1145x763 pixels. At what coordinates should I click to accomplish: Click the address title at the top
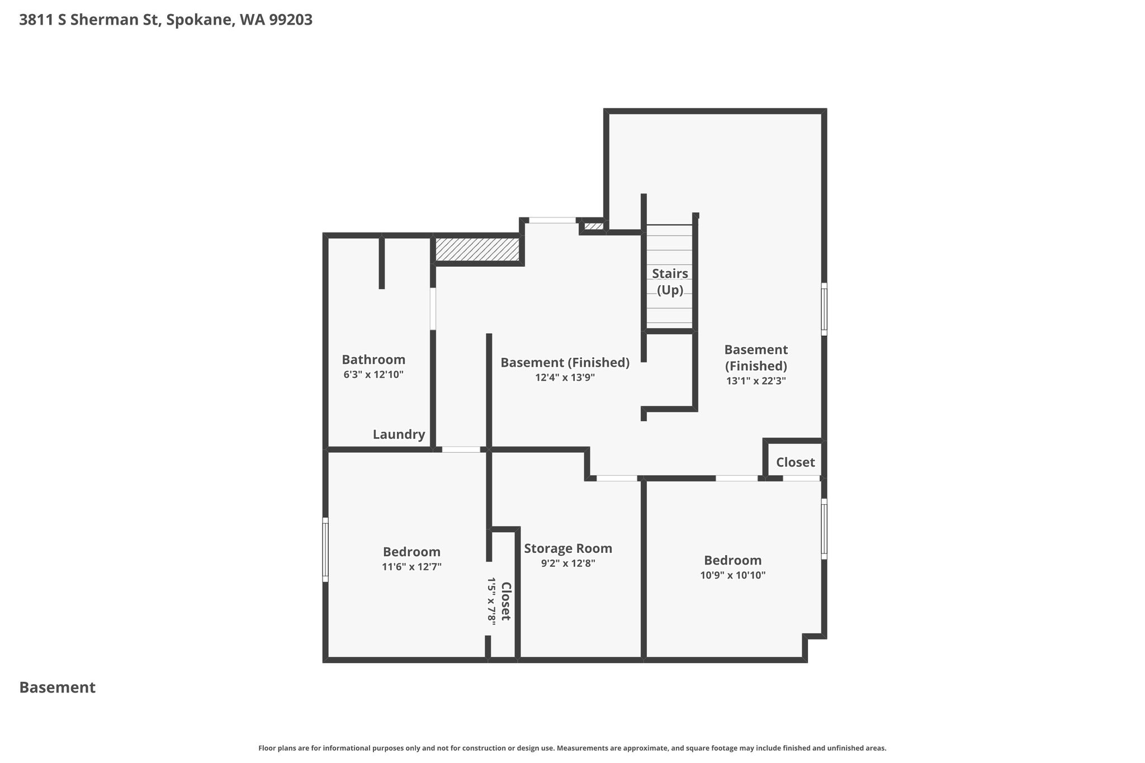pyautogui.click(x=165, y=20)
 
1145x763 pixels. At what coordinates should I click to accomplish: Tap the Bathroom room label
pyautogui.click(x=373, y=359)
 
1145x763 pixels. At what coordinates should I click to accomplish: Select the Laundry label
pyautogui.click(x=399, y=434)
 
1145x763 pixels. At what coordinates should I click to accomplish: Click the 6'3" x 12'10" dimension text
pyautogui.click(x=373, y=375)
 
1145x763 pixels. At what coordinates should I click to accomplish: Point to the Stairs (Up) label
pyautogui.click(x=670, y=282)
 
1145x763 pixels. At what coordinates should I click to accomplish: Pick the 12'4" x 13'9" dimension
pyautogui.click(x=565, y=377)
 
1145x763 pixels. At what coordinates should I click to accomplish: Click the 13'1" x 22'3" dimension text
pyautogui.click(x=756, y=381)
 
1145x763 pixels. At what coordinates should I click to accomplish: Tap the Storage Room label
pyautogui.click(x=568, y=548)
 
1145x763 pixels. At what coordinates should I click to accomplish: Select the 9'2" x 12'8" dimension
pyautogui.click(x=568, y=563)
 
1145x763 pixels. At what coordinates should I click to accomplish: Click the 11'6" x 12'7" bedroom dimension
pyautogui.click(x=411, y=567)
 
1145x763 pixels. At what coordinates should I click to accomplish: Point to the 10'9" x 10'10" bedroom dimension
pyautogui.click(x=733, y=575)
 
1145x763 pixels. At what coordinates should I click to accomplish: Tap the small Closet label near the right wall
pyautogui.click(x=796, y=462)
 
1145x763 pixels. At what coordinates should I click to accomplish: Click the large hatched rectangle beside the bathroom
pyautogui.click(x=477, y=249)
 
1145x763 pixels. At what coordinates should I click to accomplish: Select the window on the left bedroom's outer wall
pyautogui.click(x=325, y=549)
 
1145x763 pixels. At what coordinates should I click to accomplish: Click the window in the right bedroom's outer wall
pyautogui.click(x=824, y=529)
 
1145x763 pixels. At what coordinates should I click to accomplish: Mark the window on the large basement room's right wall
pyautogui.click(x=824, y=309)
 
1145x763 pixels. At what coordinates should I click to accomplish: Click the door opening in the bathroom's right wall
pyautogui.click(x=433, y=309)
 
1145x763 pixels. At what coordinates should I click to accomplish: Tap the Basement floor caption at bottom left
pyautogui.click(x=58, y=688)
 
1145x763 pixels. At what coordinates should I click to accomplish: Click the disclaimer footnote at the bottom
pyautogui.click(x=572, y=748)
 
